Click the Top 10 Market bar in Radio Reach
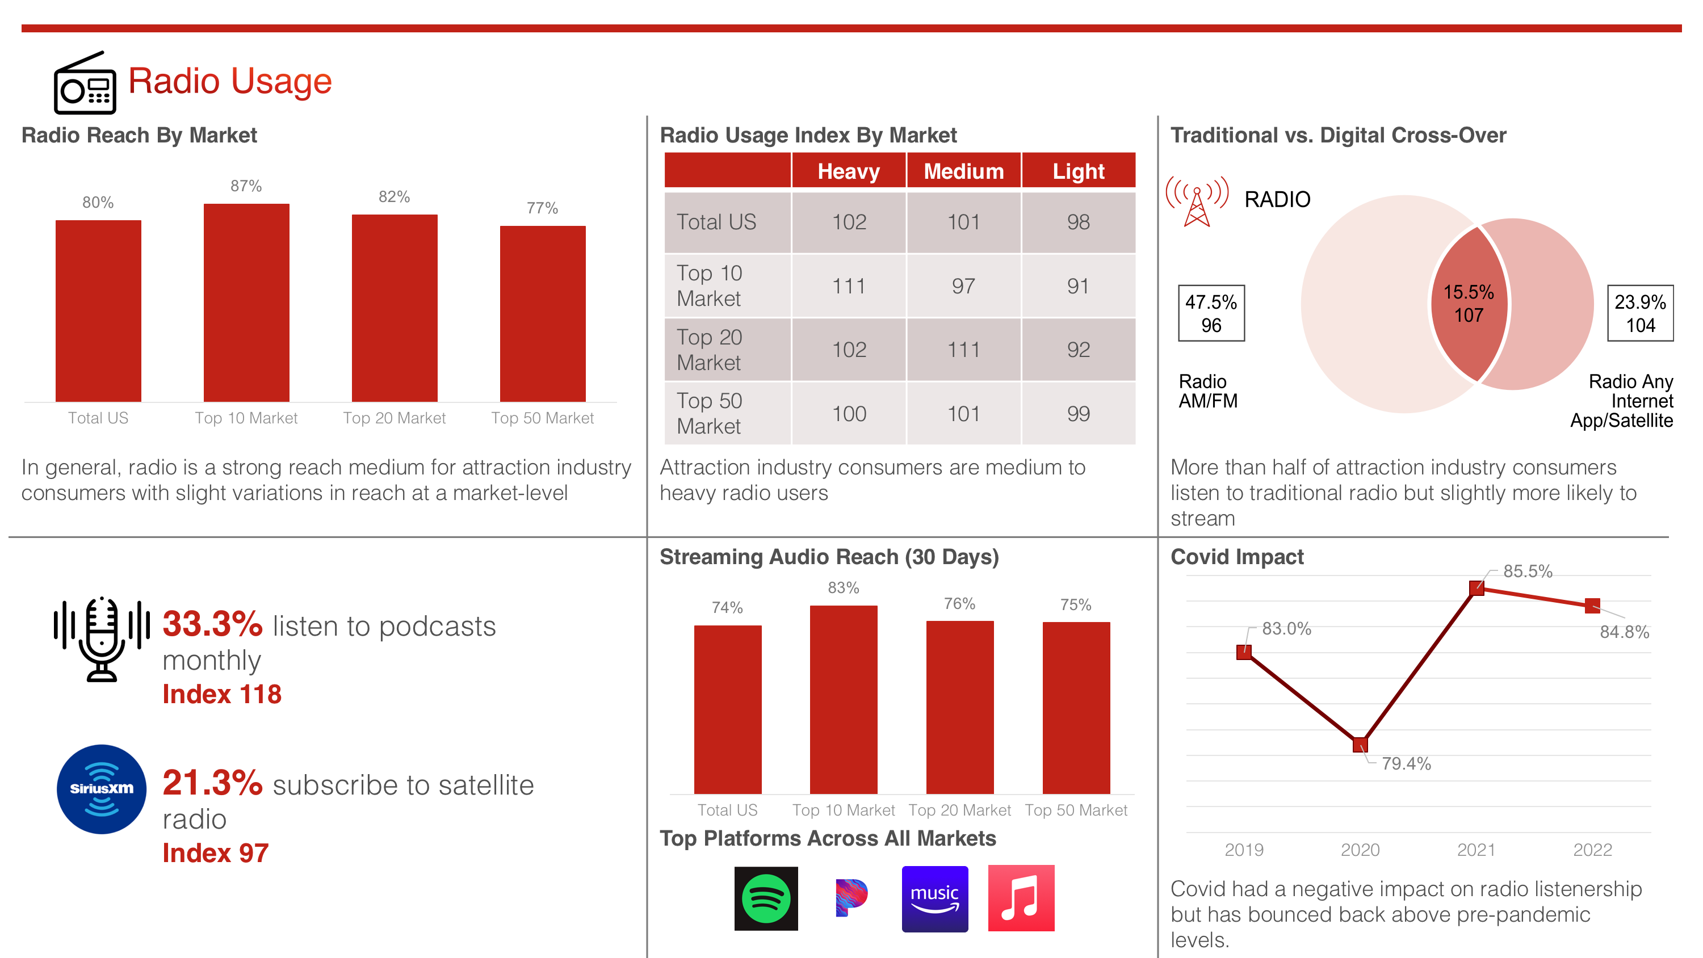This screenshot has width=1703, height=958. [246, 303]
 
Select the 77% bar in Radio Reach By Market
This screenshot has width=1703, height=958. [543, 314]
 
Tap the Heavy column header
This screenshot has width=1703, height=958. [849, 171]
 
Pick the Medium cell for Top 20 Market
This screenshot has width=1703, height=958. [964, 350]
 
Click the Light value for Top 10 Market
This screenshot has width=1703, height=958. [1078, 285]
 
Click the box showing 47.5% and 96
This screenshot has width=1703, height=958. [1211, 313]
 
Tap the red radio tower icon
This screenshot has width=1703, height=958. [1197, 201]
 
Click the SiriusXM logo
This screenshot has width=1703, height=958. [101, 789]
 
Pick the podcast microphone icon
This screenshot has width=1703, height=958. [102, 638]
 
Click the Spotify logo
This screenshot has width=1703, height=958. [766, 898]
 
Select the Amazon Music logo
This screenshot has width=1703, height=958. [935, 898]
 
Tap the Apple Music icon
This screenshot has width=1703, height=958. [1021, 898]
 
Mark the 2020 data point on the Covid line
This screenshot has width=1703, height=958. [1360, 745]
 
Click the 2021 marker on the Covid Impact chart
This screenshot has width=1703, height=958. [1477, 588]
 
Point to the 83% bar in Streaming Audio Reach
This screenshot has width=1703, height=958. [844, 700]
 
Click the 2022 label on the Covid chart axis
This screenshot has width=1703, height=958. [1593, 850]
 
